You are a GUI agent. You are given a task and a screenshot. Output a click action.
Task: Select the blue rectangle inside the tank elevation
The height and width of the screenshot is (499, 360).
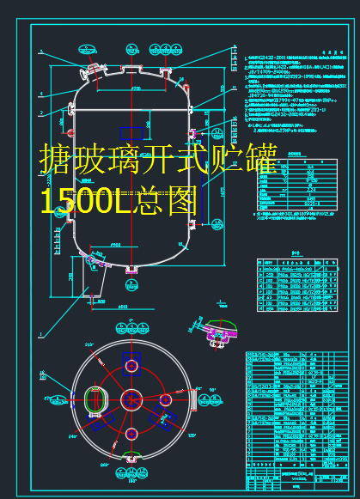tap(131, 131)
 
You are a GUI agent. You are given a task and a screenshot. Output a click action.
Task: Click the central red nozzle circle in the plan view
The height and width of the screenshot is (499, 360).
tap(131, 399)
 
